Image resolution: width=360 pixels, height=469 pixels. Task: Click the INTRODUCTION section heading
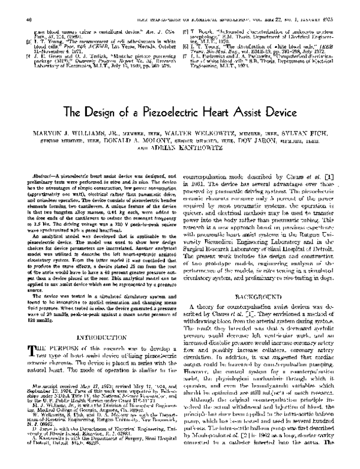(101, 336)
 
